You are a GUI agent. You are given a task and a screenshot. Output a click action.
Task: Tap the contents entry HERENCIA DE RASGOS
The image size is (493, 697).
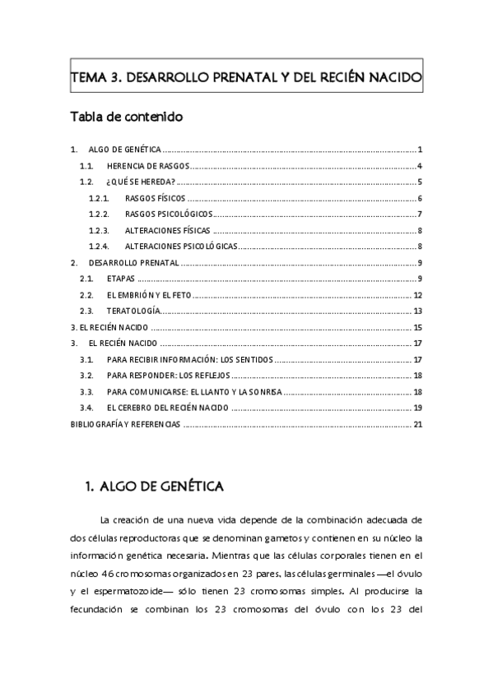148,166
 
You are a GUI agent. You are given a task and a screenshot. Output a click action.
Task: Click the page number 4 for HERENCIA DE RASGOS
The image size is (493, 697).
420,166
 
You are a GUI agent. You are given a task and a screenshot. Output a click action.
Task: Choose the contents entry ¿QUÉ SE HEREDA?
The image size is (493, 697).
141,182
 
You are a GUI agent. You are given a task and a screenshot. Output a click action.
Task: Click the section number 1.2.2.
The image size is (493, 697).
99,215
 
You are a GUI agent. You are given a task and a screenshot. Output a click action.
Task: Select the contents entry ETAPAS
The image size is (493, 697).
121,279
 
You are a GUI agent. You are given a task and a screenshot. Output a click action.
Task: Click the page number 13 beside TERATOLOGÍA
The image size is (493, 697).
418,312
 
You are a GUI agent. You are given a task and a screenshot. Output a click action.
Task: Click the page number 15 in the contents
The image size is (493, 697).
418,327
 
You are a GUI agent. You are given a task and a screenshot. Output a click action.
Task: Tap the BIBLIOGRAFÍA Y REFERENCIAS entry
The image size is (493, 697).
124,425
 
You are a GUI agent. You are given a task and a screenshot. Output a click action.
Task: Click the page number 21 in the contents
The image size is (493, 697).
418,425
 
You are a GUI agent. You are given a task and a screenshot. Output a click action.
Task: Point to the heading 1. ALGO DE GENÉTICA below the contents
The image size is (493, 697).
155,487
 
